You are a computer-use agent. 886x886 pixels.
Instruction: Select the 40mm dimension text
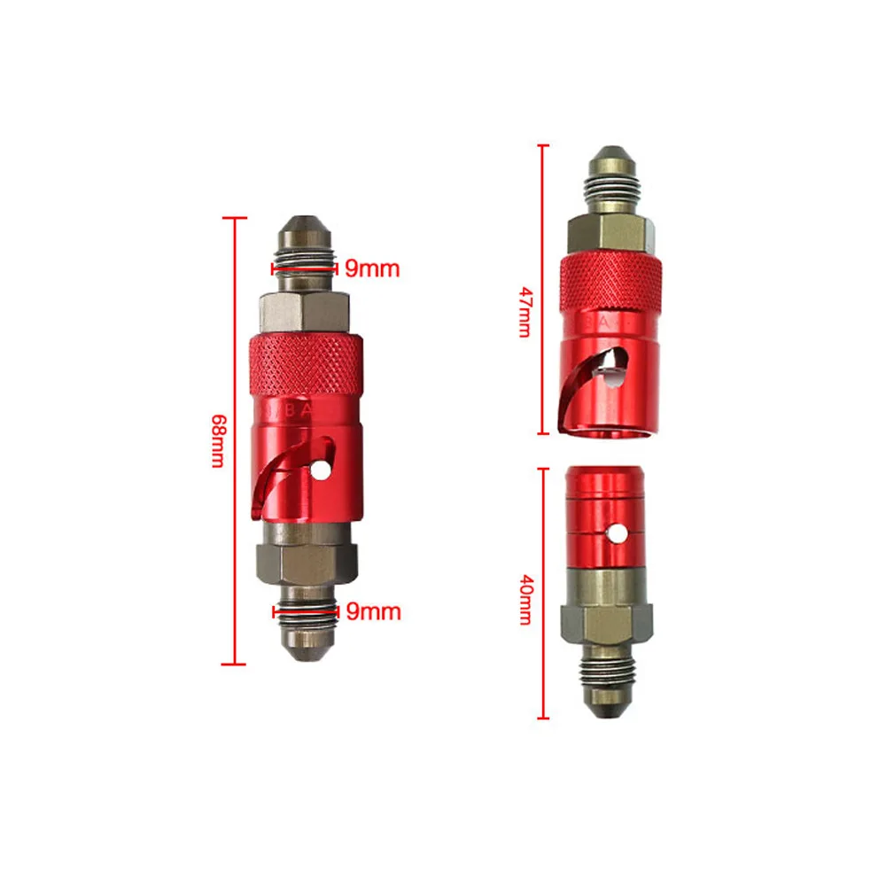[525, 599]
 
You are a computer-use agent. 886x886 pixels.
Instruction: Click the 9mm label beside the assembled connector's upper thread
[373, 267]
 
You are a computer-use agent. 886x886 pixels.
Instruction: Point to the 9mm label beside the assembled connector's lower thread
[373, 611]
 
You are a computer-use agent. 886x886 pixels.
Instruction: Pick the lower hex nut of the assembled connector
[306, 561]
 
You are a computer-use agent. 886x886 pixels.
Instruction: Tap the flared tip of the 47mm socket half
[611, 159]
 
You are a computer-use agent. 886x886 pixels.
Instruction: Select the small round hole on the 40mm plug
[613, 535]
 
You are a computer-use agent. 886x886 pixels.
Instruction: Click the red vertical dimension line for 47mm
[543, 289]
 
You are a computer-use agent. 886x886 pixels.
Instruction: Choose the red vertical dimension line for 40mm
[543, 593]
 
